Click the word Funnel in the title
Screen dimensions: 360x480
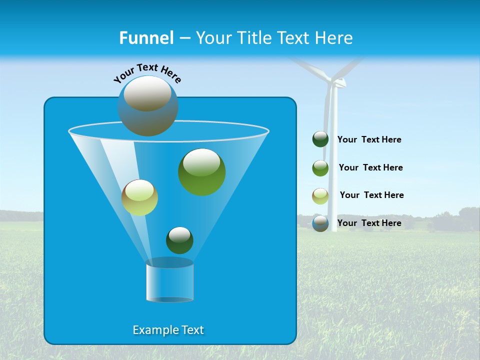coord(146,38)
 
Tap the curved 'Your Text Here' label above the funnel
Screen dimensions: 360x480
coord(147,72)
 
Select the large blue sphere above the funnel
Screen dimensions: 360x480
coord(148,105)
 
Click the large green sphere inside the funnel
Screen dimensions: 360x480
coord(202,171)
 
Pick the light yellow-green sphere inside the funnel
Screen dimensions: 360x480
coord(139,197)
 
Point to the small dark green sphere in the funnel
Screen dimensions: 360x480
coord(179,240)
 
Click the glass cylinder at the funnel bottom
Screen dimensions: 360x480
coord(169,280)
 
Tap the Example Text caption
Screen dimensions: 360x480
coord(168,330)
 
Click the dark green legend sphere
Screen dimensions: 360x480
coord(320,139)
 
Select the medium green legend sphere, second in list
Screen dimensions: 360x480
coord(320,168)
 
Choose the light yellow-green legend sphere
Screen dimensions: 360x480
coord(320,196)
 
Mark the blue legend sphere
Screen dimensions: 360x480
coord(320,223)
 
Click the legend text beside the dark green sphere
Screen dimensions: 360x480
coord(369,139)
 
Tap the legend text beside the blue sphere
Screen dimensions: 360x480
coord(369,223)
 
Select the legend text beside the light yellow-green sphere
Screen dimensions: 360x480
coord(371,195)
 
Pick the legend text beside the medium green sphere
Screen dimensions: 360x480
coord(370,167)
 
